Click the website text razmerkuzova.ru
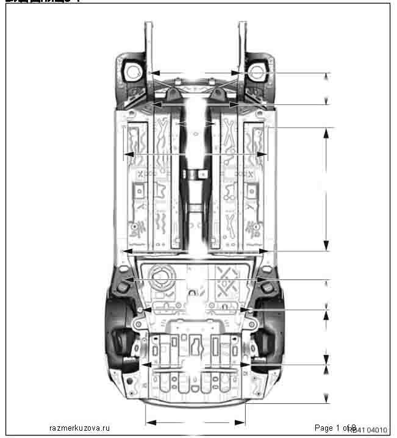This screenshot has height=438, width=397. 79,428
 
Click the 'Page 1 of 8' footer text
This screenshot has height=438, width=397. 335,428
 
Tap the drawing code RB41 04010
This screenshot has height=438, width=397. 368,430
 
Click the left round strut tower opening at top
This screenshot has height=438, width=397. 132,72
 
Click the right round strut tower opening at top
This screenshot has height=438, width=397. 257,72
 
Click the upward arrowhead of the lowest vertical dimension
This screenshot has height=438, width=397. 327,369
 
